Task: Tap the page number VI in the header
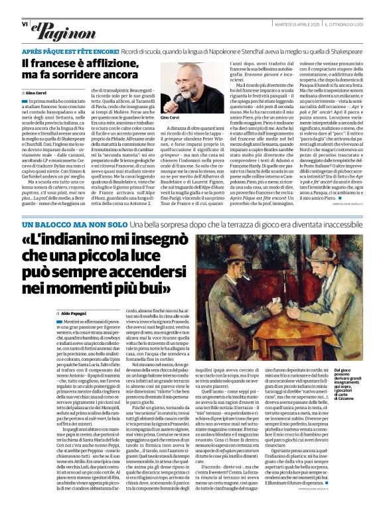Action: pos(25,24)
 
